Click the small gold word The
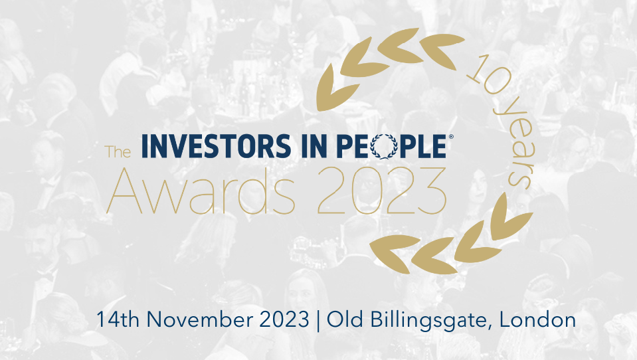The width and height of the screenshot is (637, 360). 118,151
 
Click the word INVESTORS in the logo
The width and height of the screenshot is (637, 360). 216,146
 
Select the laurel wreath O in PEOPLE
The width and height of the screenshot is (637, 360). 384,146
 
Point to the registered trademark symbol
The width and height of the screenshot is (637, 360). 450,137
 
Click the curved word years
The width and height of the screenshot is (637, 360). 516,144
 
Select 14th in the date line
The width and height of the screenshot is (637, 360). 118,319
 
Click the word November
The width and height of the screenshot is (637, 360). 199,319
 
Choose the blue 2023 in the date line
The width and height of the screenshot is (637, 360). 284,319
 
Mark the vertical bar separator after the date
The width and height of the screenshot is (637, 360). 318,321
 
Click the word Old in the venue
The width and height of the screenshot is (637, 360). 345,319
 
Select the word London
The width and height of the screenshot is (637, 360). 538,319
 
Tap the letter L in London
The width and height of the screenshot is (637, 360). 505,319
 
